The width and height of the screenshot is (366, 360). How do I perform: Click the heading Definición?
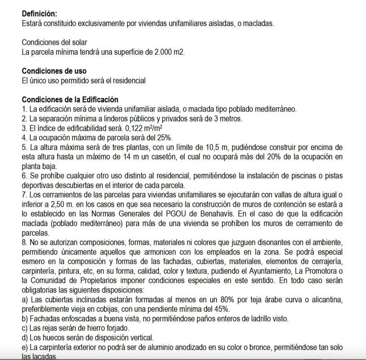[x=40, y=14]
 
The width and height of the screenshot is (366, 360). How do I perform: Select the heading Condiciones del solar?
[x=54, y=43]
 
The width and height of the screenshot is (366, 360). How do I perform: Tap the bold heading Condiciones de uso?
[x=54, y=71]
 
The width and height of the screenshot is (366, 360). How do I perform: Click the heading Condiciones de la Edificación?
[x=70, y=99]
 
